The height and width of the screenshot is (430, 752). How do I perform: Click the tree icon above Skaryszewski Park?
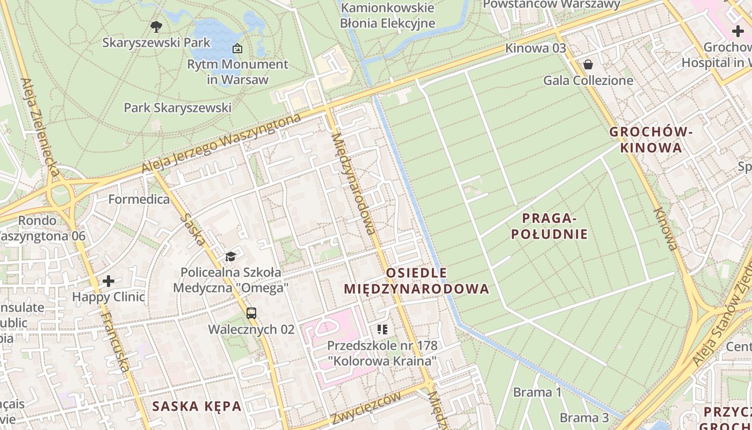pos(156,25)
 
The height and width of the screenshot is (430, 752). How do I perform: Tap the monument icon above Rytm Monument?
pos(237,48)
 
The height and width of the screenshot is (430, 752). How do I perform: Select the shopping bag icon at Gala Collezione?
pos(589,64)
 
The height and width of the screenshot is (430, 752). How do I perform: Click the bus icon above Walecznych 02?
pos(251,313)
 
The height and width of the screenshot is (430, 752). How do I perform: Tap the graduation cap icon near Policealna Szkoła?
pos(230,256)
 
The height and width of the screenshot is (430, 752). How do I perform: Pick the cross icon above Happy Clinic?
pos(109,281)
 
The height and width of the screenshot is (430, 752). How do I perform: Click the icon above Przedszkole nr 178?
pos(382,329)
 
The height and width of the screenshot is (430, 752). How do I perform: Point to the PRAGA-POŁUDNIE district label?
pos(549,226)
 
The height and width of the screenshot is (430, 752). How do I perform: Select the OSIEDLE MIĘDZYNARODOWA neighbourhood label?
pos(416,281)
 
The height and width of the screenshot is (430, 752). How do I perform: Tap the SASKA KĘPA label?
pos(197,406)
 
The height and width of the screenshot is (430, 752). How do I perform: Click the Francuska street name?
pos(115,341)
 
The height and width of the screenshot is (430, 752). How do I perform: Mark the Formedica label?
pos(139,199)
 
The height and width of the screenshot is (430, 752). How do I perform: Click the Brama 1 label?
pos(537,392)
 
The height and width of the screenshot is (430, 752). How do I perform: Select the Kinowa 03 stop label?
pos(535,48)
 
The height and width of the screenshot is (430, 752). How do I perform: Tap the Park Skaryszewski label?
pos(177,107)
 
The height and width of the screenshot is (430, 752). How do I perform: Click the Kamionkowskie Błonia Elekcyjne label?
pos(387,16)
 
